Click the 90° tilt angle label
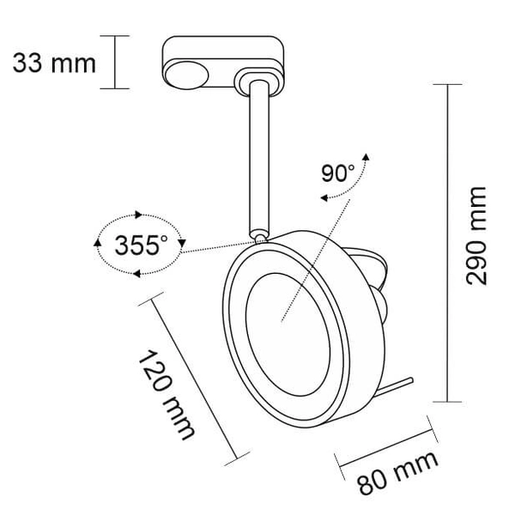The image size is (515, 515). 337,172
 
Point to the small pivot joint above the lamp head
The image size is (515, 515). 257,230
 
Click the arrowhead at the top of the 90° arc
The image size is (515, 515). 367,158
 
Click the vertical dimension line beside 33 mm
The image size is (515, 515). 115,62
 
